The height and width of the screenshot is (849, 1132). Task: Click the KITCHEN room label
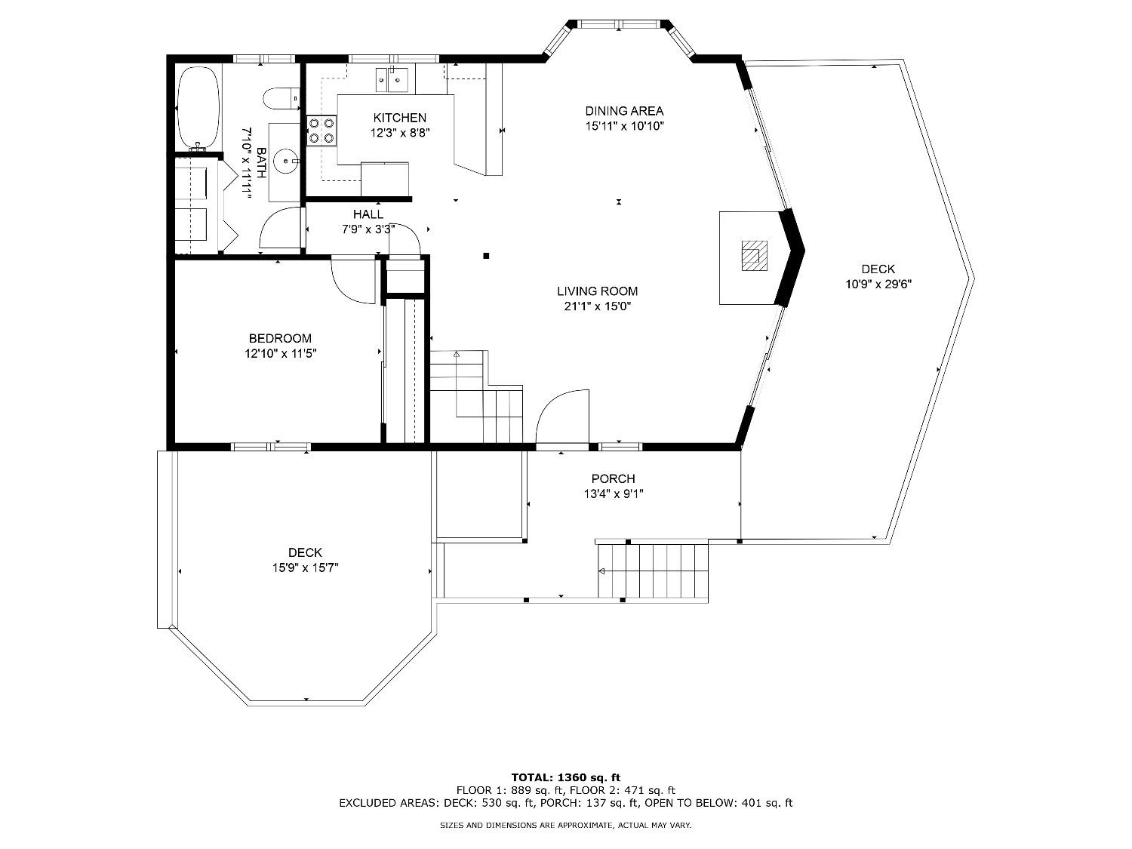click(x=400, y=118)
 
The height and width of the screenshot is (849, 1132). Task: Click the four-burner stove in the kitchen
click(x=321, y=131)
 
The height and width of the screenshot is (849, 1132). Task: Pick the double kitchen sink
click(x=392, y=80)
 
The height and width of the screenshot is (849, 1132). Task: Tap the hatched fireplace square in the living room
click(x=754, y=256)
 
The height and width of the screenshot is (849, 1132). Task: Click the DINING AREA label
click(x=624, y=111)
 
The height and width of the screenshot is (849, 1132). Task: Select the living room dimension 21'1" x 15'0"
click(x=597, y=306)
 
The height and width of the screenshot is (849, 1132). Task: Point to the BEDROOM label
click(x=280, y=338)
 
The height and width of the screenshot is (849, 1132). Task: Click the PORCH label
click(x=614, y=478)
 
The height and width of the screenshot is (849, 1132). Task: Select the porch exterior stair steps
click(x=653, y=571)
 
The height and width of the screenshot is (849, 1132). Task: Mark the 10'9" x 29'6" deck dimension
click(x=878, y=284)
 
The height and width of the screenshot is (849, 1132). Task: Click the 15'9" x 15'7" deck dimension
click(x=306, y=568)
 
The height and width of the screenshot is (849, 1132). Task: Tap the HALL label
click(x=368, y=214)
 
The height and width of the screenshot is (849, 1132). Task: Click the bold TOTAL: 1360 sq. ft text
click(x=566, y=777)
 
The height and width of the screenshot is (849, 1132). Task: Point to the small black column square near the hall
click(x=486, y=256)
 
